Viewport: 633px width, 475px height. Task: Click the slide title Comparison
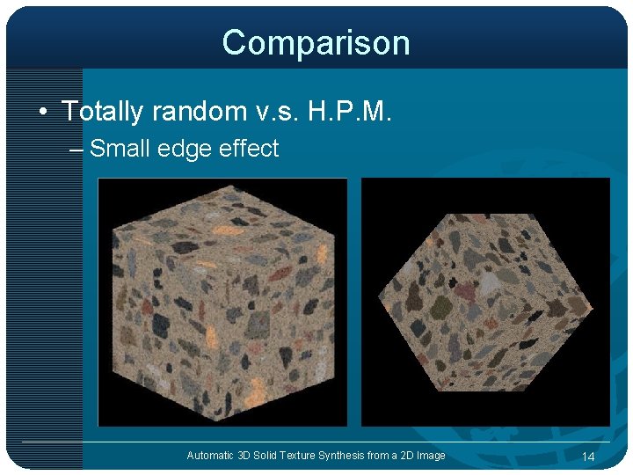pyautogui.click(x=316, y=42)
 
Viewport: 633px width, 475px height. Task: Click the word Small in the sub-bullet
pyautogui.click(x=122, y=149)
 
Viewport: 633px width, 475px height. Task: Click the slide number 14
pyautogui.click(x=588, y=456)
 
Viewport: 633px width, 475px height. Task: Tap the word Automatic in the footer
pyautogui.click(x=209, y=455)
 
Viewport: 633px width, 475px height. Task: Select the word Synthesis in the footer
pyautogui.click(x=349, y=455)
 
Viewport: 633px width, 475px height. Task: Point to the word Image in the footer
pyautogui.click(x=431, y=455)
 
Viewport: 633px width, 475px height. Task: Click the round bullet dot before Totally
pyautogui.click(x=42, y=113)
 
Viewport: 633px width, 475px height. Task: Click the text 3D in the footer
pyautogui.click(x=244, y=455)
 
